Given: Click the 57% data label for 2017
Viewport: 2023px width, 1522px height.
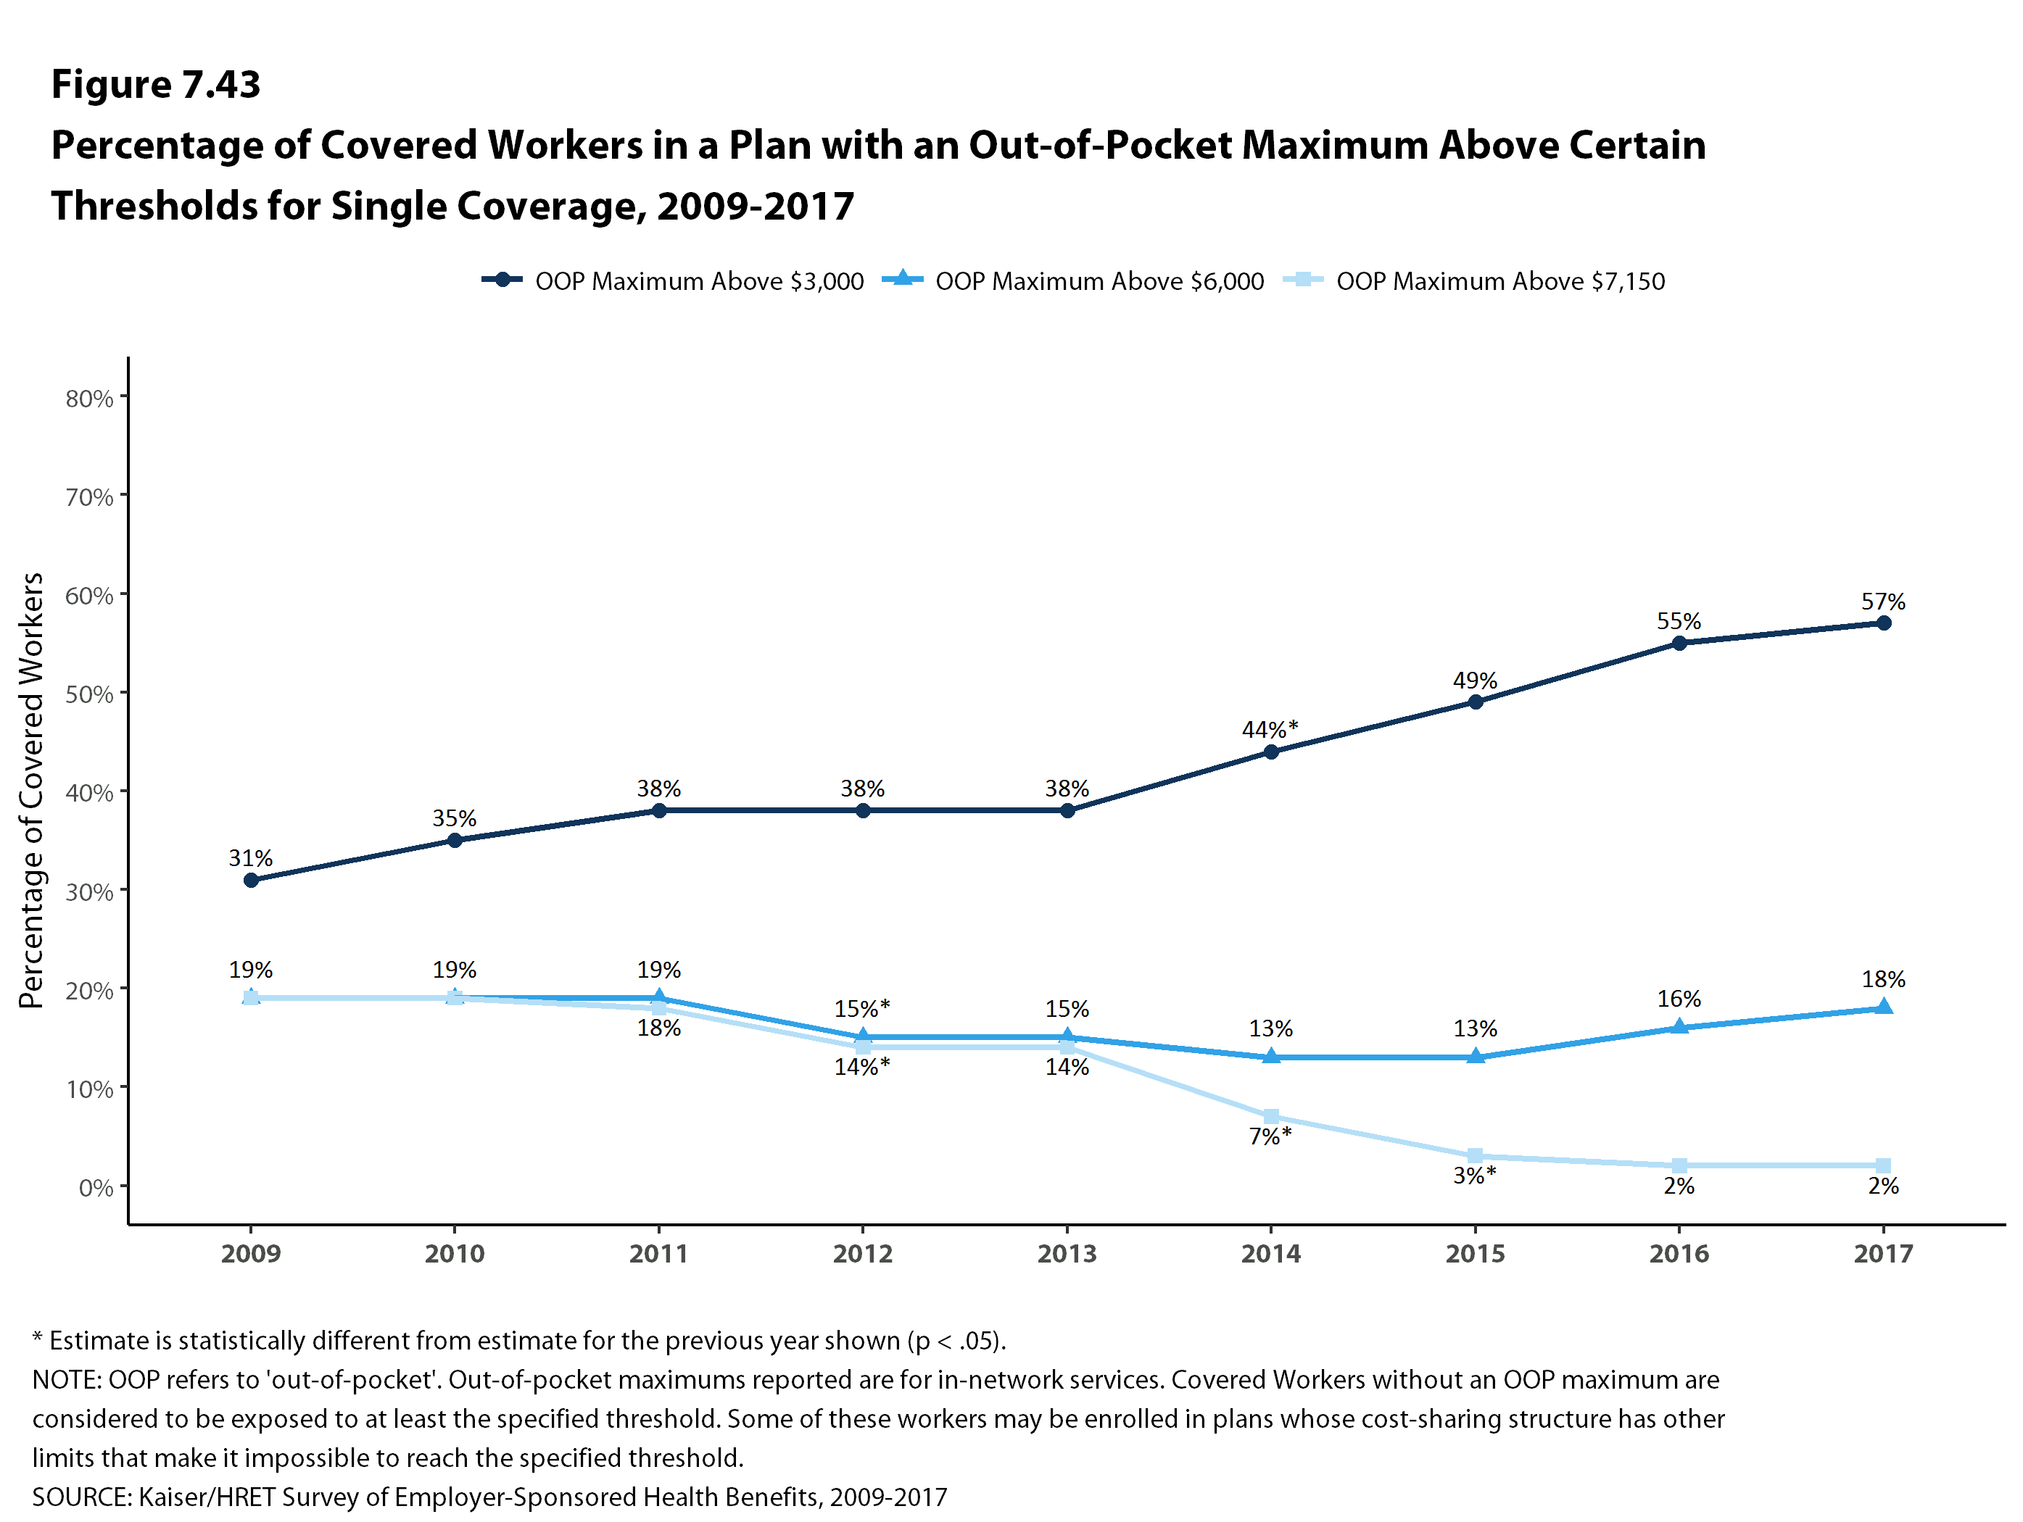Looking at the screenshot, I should [1882, 602].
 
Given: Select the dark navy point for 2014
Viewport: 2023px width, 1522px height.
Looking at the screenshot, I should [1270, 752].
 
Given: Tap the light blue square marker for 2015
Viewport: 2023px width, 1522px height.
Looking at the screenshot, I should [1474, 1156].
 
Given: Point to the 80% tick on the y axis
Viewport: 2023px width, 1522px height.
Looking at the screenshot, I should [88, 399].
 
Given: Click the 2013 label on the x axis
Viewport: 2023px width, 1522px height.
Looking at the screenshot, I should [1067, 1253].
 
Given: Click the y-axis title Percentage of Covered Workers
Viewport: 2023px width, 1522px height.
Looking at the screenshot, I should [32, 790].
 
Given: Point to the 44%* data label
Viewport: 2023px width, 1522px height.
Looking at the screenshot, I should [1270, 729].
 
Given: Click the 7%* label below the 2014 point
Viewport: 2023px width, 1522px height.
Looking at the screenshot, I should [1270, 1136].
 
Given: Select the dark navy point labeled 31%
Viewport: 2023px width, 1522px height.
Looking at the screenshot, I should [251, 881].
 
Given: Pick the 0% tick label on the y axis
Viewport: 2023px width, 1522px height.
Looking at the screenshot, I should [95, 1187].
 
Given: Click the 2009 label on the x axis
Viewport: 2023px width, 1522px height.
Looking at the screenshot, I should [251, 1253].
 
